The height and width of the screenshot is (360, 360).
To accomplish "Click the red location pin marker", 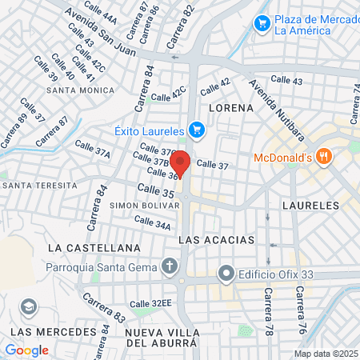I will pos(180,162).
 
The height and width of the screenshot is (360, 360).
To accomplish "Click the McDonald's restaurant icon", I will pos(323,156).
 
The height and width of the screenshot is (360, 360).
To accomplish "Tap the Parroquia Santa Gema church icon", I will pos(170,266).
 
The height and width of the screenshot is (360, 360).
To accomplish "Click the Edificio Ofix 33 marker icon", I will pos(227,274).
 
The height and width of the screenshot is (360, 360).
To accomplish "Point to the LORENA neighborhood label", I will pos(225,106).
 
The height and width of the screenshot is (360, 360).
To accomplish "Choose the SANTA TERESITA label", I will pos(39,185).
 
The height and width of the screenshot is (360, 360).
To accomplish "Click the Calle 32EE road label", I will pos(151,303).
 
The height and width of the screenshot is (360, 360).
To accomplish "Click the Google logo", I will pos(26,350).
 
